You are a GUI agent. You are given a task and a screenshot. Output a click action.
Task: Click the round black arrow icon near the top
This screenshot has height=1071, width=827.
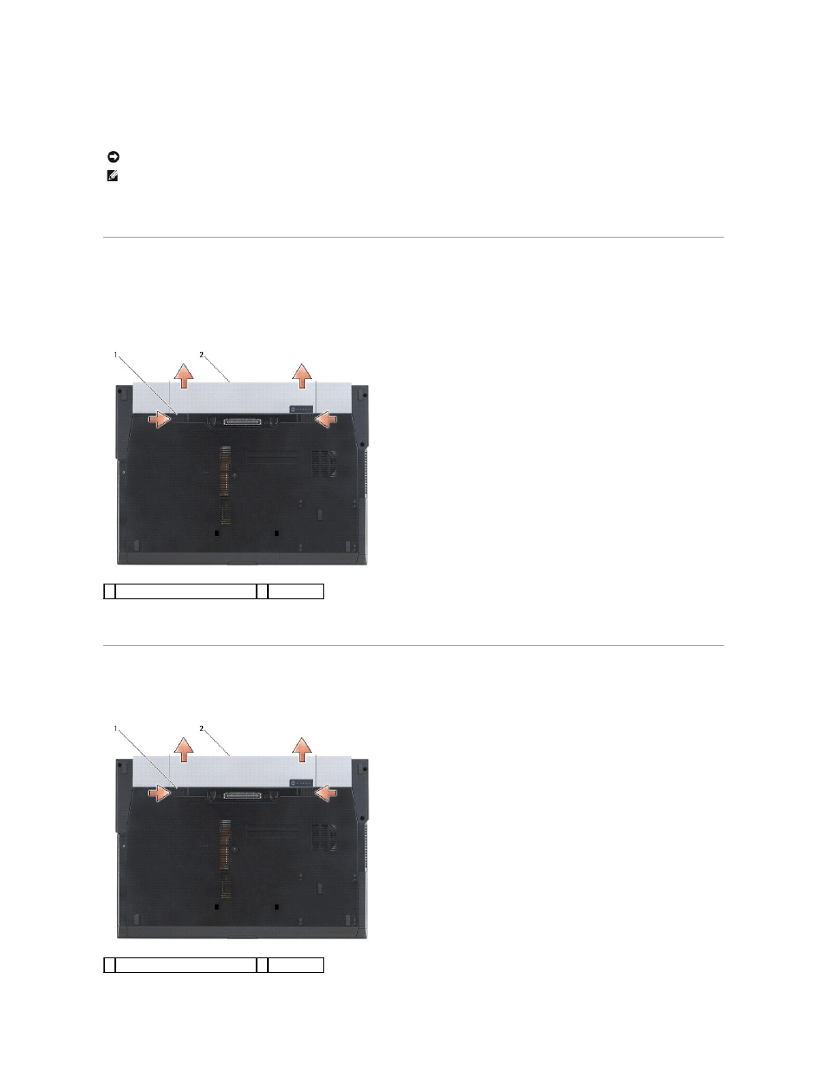click(x=114, y=157)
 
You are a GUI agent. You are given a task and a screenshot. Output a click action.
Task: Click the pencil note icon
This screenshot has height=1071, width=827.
click(x=113, y=176)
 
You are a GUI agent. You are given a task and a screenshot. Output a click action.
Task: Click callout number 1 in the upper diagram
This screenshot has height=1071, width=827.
click(x=115, y=355)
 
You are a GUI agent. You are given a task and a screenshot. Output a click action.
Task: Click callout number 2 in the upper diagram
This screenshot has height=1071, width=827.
click(x=201, y=355)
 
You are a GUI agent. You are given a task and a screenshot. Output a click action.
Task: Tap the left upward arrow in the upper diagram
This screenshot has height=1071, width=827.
click(x=184, y=376)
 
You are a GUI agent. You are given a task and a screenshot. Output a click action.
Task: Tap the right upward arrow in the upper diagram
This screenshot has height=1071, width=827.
click(x=302, y=376)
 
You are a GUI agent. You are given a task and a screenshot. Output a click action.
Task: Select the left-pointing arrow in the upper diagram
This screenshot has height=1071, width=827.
click(x=326, y=420)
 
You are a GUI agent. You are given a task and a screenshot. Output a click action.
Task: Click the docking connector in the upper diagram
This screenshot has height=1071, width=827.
click(x=242, y=421)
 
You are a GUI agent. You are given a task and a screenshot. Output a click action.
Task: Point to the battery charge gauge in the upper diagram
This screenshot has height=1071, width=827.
click(x=302, y=409)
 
